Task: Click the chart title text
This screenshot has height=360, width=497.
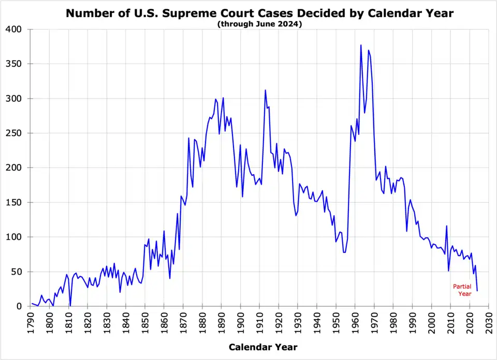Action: (259, 13)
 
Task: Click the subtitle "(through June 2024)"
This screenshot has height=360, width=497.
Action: (259, 24)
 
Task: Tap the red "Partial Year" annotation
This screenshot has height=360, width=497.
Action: (462, 290)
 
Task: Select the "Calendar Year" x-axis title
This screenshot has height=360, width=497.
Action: (263, 347)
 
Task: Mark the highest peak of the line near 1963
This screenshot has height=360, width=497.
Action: (361, 45)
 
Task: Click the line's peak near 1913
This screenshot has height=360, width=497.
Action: (266, 90)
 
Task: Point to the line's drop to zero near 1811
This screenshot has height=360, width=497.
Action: (70, 305)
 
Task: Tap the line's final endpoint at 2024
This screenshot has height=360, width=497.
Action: (477, 291)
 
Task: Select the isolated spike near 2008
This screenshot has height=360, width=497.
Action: (446, 226)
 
